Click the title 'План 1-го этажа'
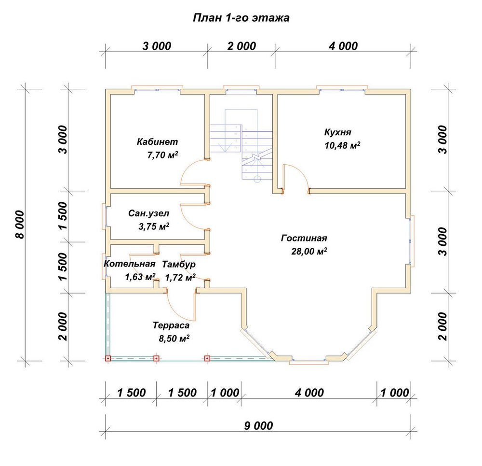241,18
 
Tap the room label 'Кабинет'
158,141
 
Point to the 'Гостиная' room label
304,238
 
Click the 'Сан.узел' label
148,213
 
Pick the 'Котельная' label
129,264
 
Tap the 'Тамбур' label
179,264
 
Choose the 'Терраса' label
171,325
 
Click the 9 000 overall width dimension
258,426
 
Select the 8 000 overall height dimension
20,225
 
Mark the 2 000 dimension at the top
241,46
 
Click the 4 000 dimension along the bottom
309,393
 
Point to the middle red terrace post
156,358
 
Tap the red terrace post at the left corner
108,358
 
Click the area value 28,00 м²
309,251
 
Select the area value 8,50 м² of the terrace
174,339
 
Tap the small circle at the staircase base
257,179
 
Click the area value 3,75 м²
154,226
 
